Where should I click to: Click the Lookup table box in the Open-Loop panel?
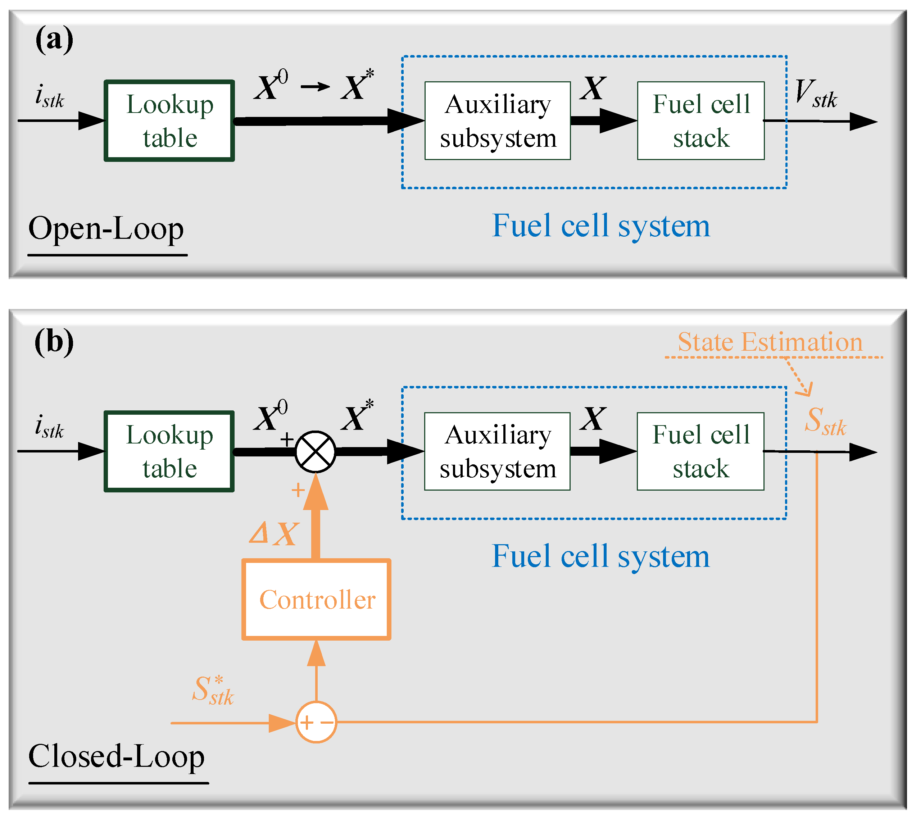pyautogui.click(x=169, y=120)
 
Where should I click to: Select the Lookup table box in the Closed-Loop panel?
pyautogui.click(x=169, y=451)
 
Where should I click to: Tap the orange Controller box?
pyautogui.click(x=317, y=599)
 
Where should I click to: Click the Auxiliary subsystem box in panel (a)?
pyautogui.click(x=497, y=120)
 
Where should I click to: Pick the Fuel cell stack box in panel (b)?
pyautogui.click(x=700, y=451)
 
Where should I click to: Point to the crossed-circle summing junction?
pyautogui.click(x=316, y=451)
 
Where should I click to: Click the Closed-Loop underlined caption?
pyautogui.click(x=116, y=756)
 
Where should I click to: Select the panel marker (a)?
pyautogui.click(x=54, y=40)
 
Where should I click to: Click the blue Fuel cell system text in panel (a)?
pyautogui.click(x=601, y=226)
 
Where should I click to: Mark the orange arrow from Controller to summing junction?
pyautogui.click(x=316, y=518)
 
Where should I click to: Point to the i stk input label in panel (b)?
pyautogui.click(x=50, y=427)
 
